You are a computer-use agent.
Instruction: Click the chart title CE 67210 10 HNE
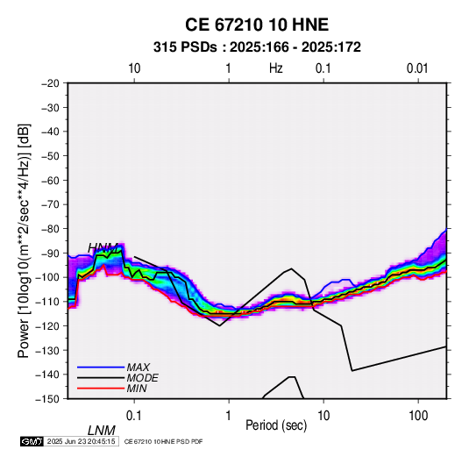257,25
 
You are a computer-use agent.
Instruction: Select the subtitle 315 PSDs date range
257,47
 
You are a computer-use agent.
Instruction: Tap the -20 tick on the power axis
50,83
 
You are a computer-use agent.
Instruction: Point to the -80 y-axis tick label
50,229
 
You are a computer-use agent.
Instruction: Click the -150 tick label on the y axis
47,399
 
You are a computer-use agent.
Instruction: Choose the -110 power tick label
47,302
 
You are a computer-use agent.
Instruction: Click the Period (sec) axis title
276,425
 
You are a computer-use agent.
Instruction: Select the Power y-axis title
24,240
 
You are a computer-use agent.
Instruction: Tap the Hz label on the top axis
276,68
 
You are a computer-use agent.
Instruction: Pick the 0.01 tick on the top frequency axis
417,68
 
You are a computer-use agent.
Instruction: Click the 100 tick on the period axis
418,416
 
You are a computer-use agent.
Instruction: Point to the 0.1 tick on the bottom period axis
134,416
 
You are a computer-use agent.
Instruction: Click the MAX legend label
138,368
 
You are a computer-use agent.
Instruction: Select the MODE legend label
142,378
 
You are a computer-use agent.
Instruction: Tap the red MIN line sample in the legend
101,389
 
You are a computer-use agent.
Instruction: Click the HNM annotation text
103,248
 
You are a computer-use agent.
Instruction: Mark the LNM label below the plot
102,431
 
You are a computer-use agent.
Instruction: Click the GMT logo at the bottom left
32,441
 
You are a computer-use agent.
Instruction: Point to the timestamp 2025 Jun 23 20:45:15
81,441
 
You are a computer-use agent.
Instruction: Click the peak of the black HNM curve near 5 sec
291,268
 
